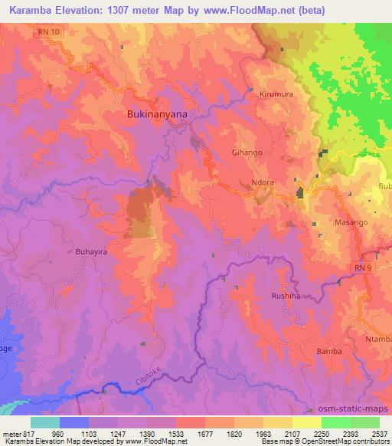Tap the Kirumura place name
(276, 93)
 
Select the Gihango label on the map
(247, 152)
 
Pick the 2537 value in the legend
(378, 433)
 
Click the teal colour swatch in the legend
(45, 422)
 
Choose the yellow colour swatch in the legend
(307, 422)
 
